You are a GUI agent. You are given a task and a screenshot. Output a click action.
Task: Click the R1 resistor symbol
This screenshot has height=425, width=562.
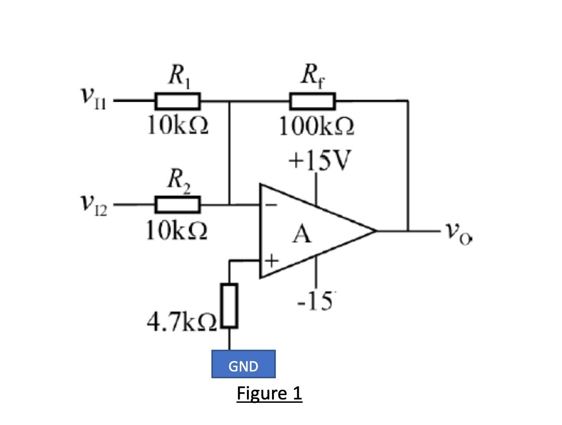177,102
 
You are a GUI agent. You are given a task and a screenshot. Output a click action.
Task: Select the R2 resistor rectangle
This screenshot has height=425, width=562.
177,204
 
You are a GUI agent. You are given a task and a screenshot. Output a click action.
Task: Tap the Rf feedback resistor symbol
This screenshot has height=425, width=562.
312,102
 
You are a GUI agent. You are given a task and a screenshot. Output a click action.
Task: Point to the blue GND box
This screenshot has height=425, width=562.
243,364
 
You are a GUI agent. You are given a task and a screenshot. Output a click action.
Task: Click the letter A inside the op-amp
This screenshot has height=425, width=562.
302,235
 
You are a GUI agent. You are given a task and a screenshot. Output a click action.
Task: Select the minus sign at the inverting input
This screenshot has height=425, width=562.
271,205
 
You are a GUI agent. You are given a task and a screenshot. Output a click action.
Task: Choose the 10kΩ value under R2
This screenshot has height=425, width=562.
177,231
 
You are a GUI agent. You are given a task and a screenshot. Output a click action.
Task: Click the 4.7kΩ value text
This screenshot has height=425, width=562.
182,321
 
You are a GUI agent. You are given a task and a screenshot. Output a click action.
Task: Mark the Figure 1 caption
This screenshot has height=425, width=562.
269,393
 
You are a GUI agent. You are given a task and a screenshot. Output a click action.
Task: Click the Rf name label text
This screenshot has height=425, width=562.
312,77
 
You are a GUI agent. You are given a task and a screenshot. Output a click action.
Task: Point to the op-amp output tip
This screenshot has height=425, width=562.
375,230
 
